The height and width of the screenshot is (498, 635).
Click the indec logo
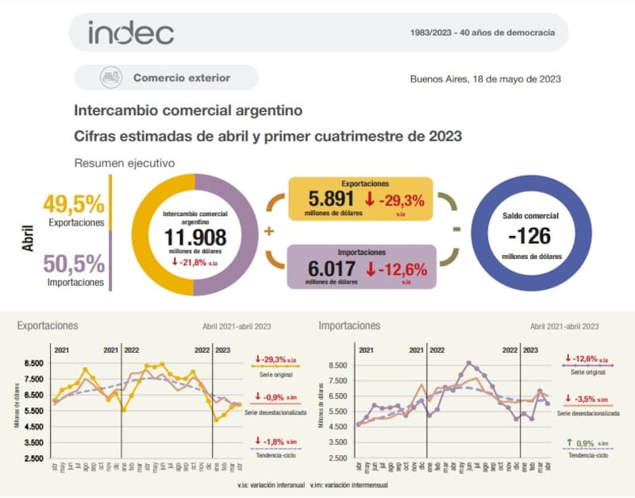point(130,33)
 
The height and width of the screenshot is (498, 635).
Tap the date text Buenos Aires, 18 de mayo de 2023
point(486,79)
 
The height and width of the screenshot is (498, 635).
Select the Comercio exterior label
point(182,78)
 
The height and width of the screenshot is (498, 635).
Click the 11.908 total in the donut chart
point(195,237)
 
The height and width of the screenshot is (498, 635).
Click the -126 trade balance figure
point(530,236)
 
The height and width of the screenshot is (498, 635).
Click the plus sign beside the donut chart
point(268,231)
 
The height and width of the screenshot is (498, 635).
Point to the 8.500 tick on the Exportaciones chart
point(35,363)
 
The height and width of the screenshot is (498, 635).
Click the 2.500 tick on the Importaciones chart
point(337,457)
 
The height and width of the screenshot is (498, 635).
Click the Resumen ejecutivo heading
point(125,163)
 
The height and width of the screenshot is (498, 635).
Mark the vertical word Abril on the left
point(28,236)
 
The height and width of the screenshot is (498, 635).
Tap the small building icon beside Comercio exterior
point(110,78)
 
